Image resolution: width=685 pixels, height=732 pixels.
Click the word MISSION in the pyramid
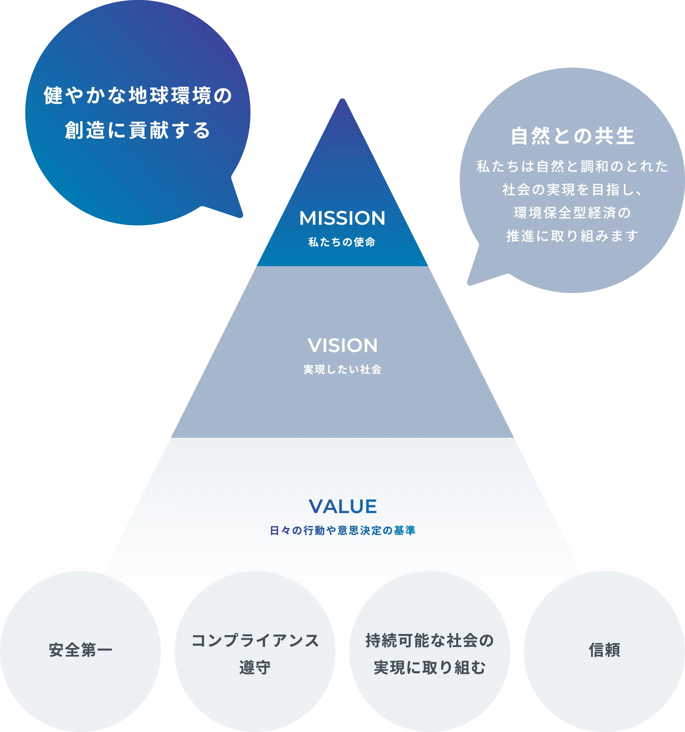click(x=342, y=218)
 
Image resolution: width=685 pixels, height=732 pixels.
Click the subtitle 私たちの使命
click(x=342, y=242)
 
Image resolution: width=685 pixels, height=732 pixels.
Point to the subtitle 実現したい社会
click(x=342, y=369)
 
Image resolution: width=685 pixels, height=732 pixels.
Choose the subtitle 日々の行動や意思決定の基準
click(x=342, y=530)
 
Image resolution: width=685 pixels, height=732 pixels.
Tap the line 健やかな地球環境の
click(x=138, y=95)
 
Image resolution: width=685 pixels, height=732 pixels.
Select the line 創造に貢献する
click(x=138, y=130)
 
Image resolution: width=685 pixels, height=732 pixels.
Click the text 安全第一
click(x=80, y=650)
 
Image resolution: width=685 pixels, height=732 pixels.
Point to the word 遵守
click(x=255, y=667)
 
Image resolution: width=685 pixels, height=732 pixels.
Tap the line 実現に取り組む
click(x=429, y=667)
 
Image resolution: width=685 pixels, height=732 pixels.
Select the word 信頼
click(x=605, y=650)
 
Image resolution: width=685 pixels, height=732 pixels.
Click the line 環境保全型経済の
click(x=572, y=212)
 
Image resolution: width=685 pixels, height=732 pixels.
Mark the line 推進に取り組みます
click(x=572, y=236)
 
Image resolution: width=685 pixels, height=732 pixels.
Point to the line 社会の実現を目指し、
click(x=572, y=190)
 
